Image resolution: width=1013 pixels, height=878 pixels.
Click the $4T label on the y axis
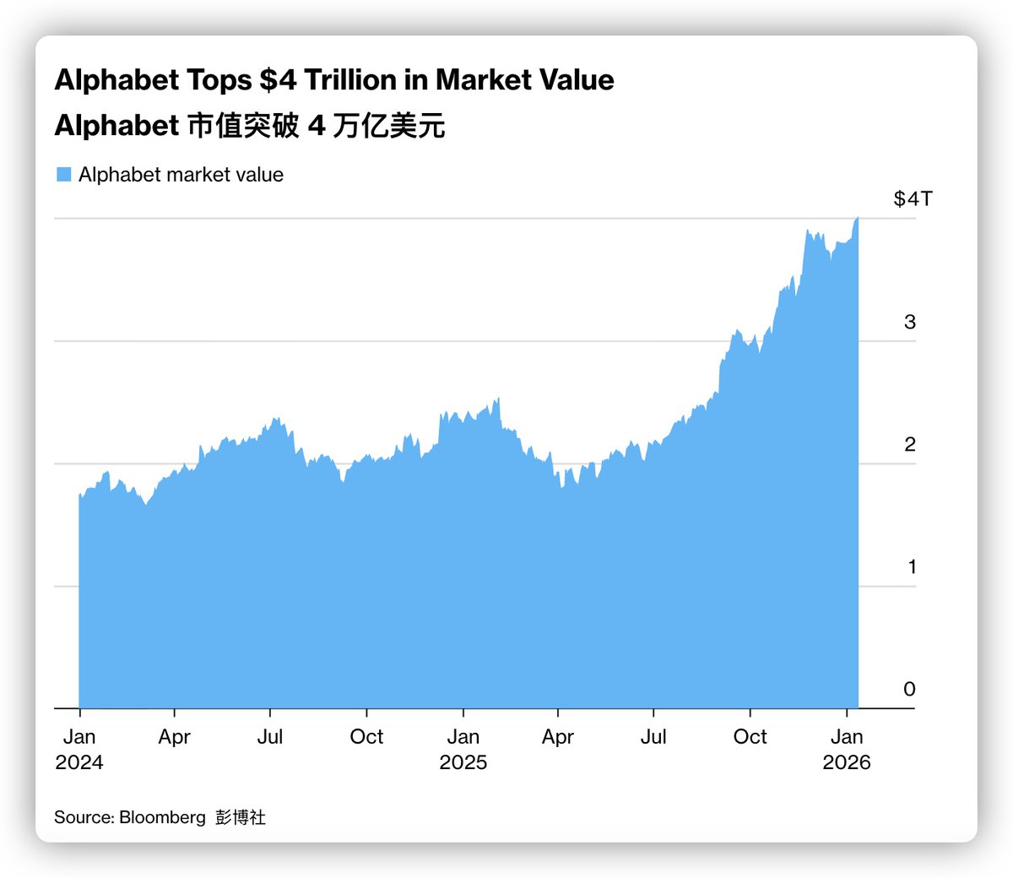click(913, 199)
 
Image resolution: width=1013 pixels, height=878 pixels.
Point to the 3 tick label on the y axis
click(909, 322)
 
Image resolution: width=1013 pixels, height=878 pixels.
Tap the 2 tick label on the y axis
click(909, 445)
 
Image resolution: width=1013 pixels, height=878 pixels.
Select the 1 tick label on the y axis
click(911, 567)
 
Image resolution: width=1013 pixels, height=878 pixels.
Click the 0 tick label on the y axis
click(909, 690)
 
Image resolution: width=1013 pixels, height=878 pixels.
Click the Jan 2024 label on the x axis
click(79, 750)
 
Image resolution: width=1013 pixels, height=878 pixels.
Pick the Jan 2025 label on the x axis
click(463, 750)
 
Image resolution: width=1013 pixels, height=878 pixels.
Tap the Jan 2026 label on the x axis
click(846, 750)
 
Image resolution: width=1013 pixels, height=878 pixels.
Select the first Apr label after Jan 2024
click(174, 737)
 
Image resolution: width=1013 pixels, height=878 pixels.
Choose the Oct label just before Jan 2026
click(750, 737)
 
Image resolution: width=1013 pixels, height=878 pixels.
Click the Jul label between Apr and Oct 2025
click(653, 737)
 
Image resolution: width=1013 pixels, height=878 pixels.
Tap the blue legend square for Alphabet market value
click(63, 175)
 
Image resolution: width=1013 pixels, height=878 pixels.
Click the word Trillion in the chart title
click(350, 80)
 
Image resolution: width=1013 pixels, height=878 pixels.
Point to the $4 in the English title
click(278, 80)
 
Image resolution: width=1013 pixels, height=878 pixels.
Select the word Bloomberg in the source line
click(162, 817)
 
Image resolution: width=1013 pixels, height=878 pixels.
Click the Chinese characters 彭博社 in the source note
click(241, 817)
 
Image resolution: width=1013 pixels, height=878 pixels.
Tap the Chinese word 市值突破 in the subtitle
click(243, 126)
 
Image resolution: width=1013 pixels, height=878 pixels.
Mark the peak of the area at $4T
click(858, 219)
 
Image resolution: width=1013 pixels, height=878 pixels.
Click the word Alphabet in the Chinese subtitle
click(116, 126)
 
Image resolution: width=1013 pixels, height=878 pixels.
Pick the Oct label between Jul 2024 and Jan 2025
click(366, 737)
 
